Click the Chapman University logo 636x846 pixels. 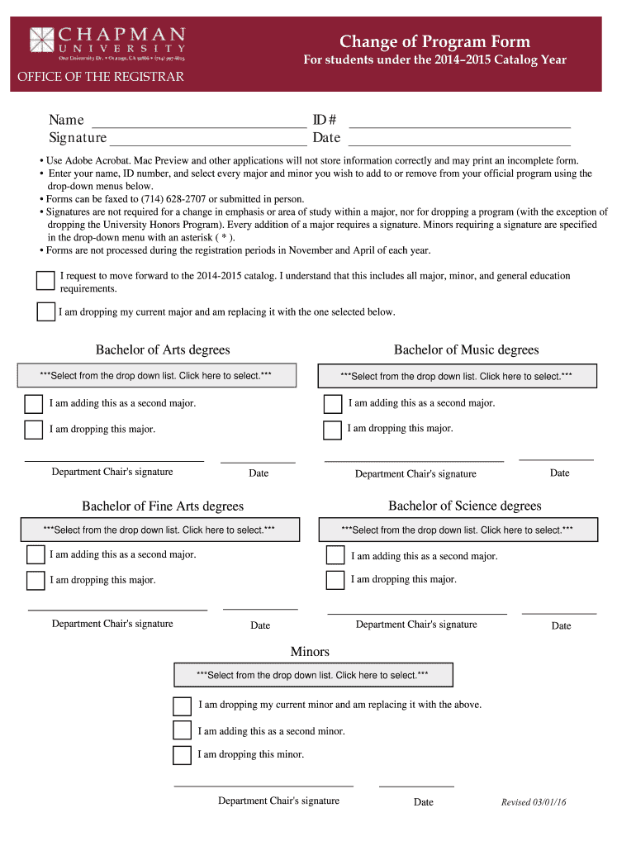pos(107,44)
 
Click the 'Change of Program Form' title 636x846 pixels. pos(434,42)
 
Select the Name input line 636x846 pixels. pos(197,121)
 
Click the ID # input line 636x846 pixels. pos(460,121)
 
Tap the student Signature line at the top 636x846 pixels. pos(207,138)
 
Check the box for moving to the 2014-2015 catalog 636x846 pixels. pos(45,281)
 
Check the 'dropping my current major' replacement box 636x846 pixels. pos(46,311)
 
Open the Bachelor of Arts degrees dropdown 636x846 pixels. pos(156,376)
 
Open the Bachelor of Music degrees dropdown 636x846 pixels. pos(457,376)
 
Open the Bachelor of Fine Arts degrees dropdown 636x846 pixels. pos(159,530)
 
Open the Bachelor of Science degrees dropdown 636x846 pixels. pos(457,530)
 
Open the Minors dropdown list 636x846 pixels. pos(312,675)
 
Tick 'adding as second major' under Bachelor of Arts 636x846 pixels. pos(34,404)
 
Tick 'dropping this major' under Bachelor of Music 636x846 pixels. pos(332,430)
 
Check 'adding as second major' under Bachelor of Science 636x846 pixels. pos(335,555)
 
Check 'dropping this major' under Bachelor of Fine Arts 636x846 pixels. pos(36,580)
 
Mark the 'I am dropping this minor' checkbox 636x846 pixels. pos(182,755)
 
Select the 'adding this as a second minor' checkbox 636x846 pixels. pos(182,730)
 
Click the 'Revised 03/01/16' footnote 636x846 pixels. pos(539,802)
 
